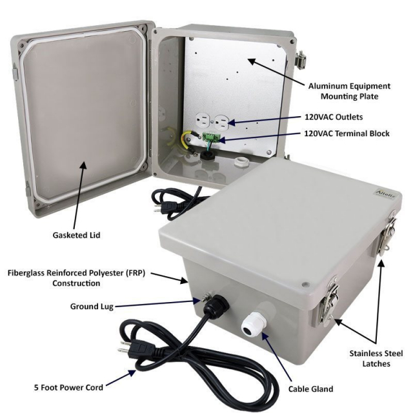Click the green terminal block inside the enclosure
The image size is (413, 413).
(x=212, y=137)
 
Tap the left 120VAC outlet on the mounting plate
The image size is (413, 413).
(x=203, y=121)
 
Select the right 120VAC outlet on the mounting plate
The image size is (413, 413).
(x=221, y=122)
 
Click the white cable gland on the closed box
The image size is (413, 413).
(x=252, y=323)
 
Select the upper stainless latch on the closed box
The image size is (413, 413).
(x=387, y=232)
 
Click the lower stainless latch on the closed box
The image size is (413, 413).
(x=329, y=302)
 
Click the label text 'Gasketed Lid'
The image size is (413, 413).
(x=76, y=235)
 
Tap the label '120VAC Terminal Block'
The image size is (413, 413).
(x=347, y=134)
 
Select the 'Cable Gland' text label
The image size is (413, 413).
(x=310, y=388)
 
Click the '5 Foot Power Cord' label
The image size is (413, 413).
(x=68, y=387)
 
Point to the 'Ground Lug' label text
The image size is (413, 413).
(x=92, y=307)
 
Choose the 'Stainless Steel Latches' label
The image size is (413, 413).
(x=376, y=359)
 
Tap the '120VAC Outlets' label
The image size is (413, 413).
(x=334, y=117)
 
